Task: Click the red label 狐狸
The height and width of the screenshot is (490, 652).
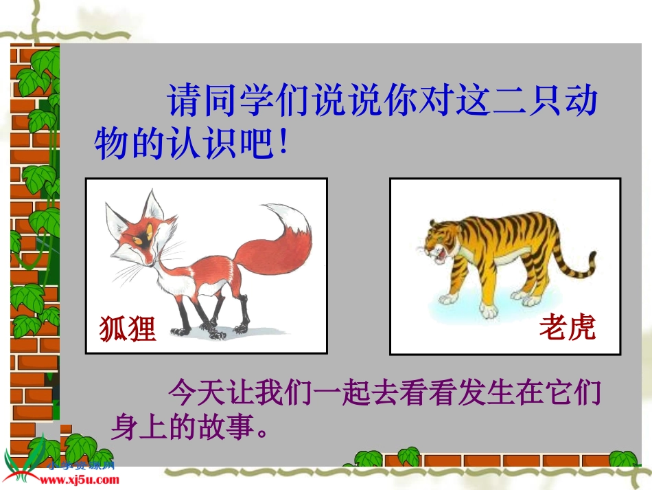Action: tap(128, 328)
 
